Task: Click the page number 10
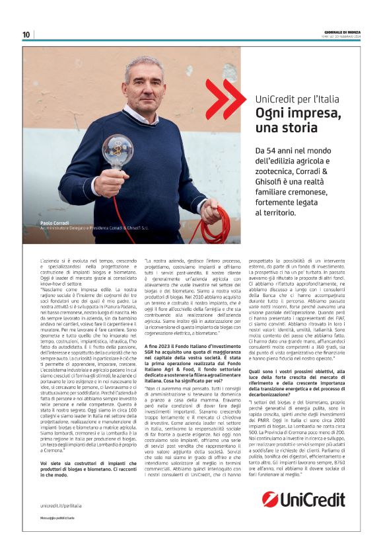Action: (26, 35)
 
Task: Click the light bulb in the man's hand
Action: (118, 151)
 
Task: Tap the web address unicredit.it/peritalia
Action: (63, 505)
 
